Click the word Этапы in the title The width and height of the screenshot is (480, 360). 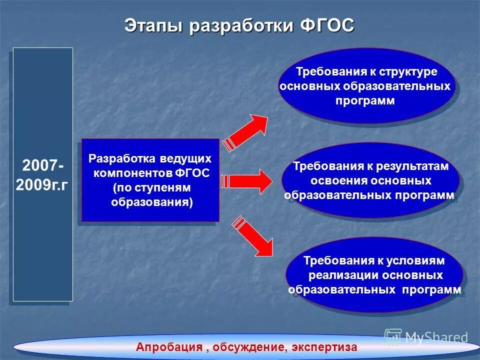pyautogui.click(x=154, y=25)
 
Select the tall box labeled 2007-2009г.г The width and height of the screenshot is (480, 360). pyautogui.click(x=42, y=174)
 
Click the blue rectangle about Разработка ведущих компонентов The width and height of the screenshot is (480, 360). pyautogui.click(x=150, y=180)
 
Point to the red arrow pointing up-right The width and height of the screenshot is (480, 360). pyautogui.click(x=247, y=131)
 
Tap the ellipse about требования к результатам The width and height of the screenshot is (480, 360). pyautogui.click(x=370, y=180)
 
